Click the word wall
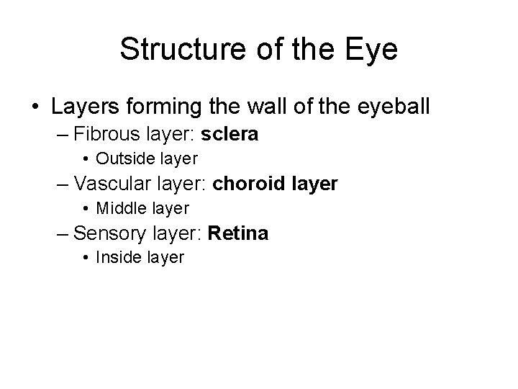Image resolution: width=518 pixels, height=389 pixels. click(271, 107)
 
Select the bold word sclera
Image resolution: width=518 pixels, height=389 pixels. click(230, 135)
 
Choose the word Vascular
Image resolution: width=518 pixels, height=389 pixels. click(109, 184)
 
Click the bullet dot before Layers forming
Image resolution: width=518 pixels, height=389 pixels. click(35, 107)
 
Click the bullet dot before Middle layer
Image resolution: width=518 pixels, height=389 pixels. click(86, 209)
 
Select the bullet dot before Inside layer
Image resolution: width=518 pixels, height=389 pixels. click(86, 258)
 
